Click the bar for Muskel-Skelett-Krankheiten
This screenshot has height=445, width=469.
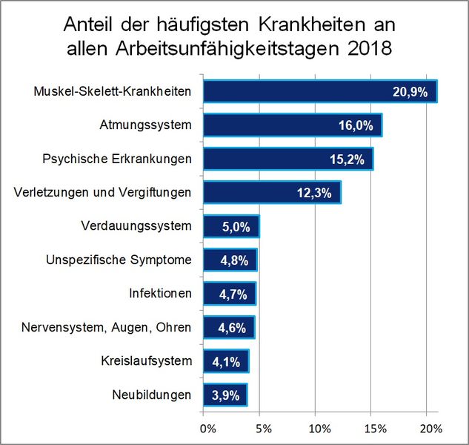click(320, 91)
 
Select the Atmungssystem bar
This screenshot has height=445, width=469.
click(293, 125)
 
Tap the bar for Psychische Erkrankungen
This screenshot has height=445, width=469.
click(288, 159)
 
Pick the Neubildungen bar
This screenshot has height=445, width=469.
click(225, 395)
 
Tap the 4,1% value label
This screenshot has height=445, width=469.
click(226, 362)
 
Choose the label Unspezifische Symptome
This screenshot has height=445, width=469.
click(119, 260)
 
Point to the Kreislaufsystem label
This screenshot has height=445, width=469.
click(146, 361)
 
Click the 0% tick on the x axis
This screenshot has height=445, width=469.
click(208, 429)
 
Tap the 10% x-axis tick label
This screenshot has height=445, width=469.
click(319, 429)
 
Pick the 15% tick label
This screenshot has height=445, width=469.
click(375, 429)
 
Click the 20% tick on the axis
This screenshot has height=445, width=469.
click(430, 429)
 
